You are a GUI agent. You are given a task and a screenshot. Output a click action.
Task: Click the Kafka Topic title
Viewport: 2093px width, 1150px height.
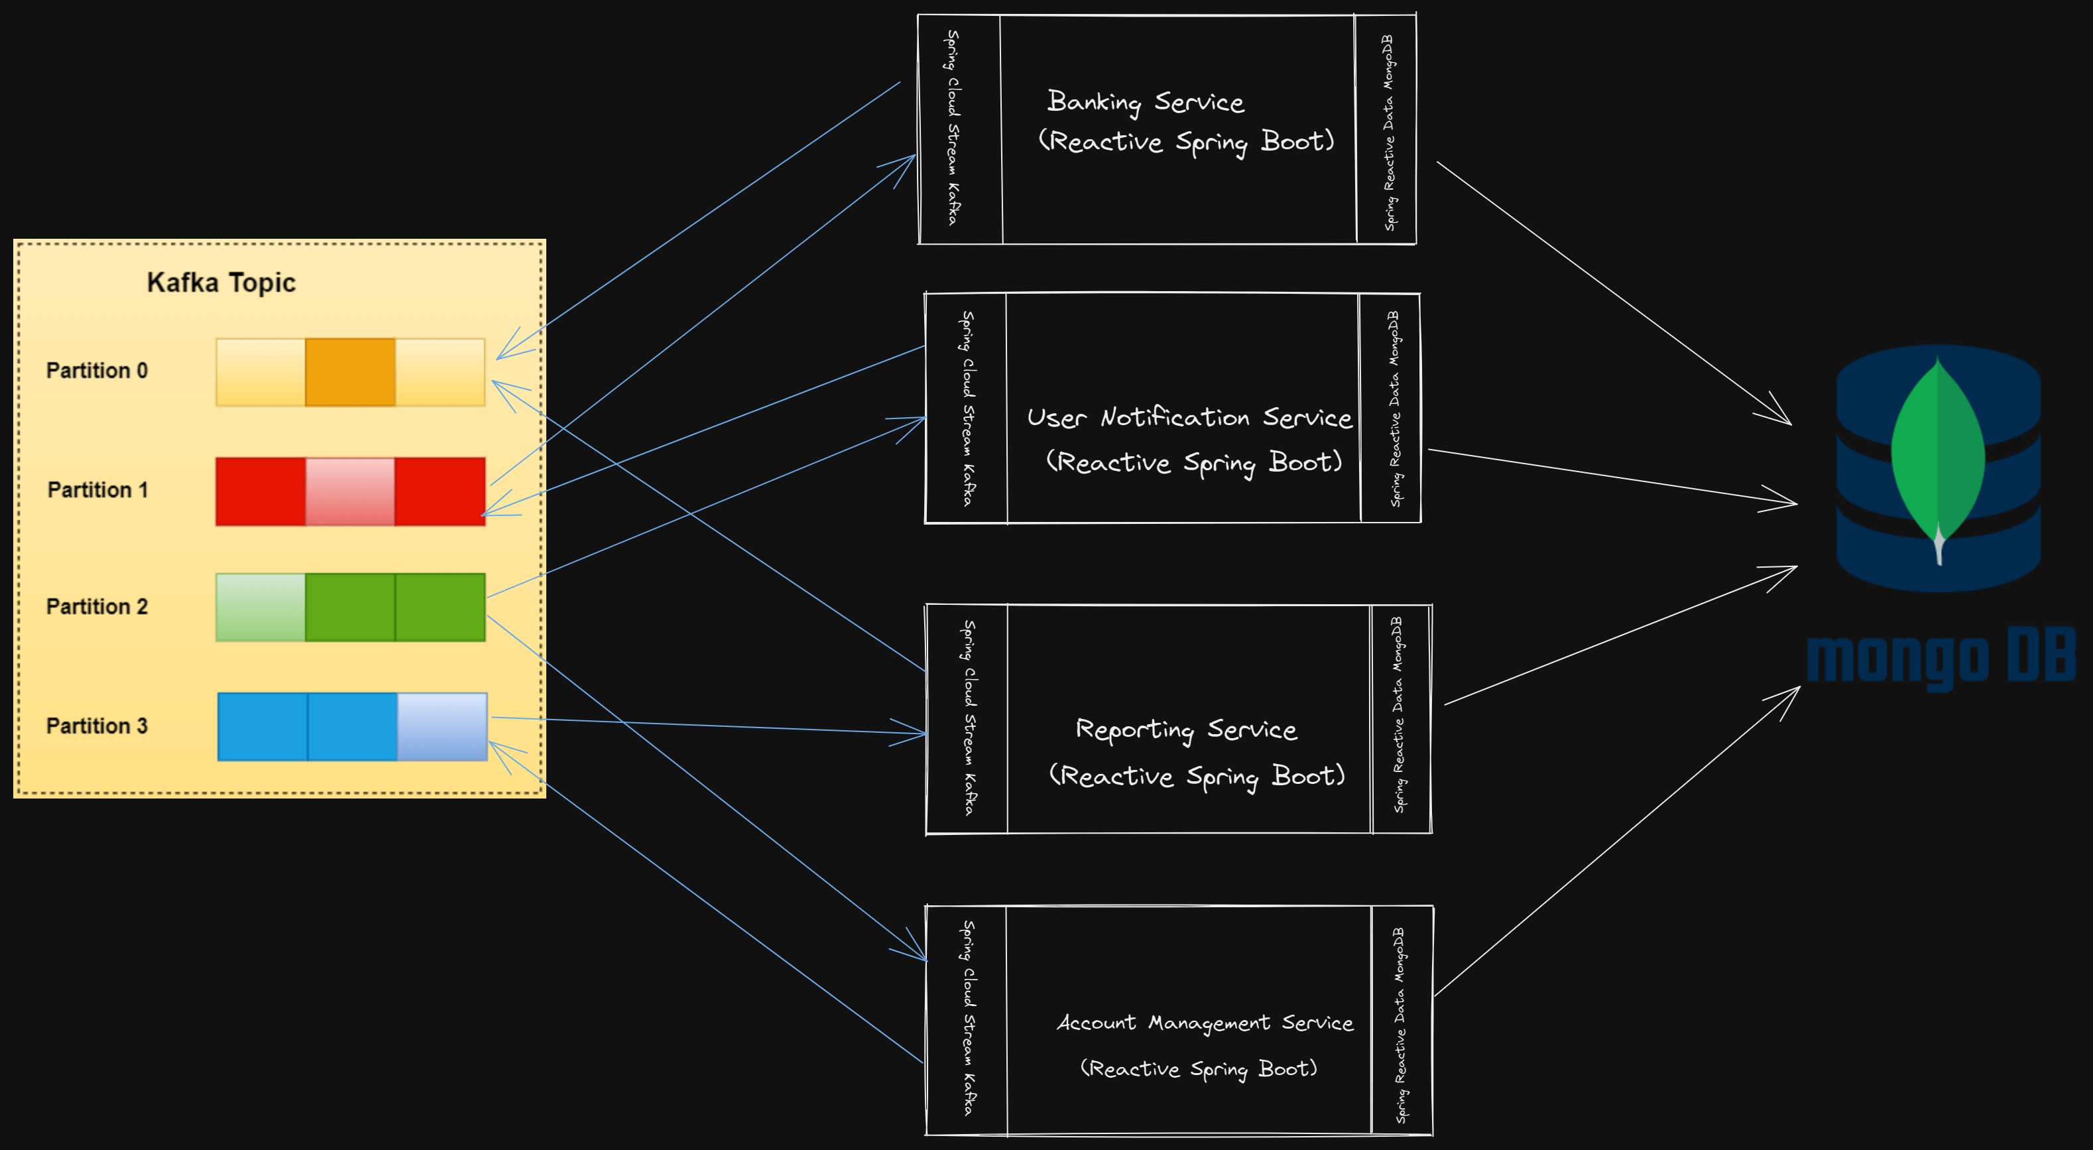(x=221, y=282)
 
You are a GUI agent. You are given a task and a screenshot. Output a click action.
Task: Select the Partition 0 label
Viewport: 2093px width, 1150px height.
(x=97, y=371)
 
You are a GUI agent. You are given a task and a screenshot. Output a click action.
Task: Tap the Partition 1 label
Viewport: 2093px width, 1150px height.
(x=97, y=490)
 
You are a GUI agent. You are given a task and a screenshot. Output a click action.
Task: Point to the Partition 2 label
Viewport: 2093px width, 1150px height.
(x=97, y=607)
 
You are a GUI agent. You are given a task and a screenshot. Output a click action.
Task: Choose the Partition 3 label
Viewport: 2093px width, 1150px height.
(x=97, y=726)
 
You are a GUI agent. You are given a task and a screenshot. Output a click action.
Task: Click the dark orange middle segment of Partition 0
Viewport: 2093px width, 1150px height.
(x=350, y=372)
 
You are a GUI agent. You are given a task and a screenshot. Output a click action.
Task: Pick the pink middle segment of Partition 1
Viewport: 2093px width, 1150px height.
(x=350, y=491)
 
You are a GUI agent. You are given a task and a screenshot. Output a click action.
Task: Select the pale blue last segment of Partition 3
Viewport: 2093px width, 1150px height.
(x=442, y=727)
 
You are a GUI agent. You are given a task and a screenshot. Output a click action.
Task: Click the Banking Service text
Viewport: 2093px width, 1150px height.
(x=1145, y=102)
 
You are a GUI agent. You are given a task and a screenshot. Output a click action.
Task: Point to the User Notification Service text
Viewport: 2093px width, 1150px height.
(x=1189, y=418)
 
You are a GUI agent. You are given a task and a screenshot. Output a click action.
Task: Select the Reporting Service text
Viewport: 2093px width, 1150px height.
(x=1185, y=730)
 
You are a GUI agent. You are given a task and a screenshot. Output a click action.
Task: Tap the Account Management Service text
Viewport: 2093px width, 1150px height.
(x=1204, y=1023)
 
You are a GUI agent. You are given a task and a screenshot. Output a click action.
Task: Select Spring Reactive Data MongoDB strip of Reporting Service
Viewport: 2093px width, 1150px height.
(x=1398, y=715)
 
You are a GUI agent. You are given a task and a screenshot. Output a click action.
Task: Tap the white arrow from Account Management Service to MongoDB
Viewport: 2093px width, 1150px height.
(x=1617, y=841)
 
